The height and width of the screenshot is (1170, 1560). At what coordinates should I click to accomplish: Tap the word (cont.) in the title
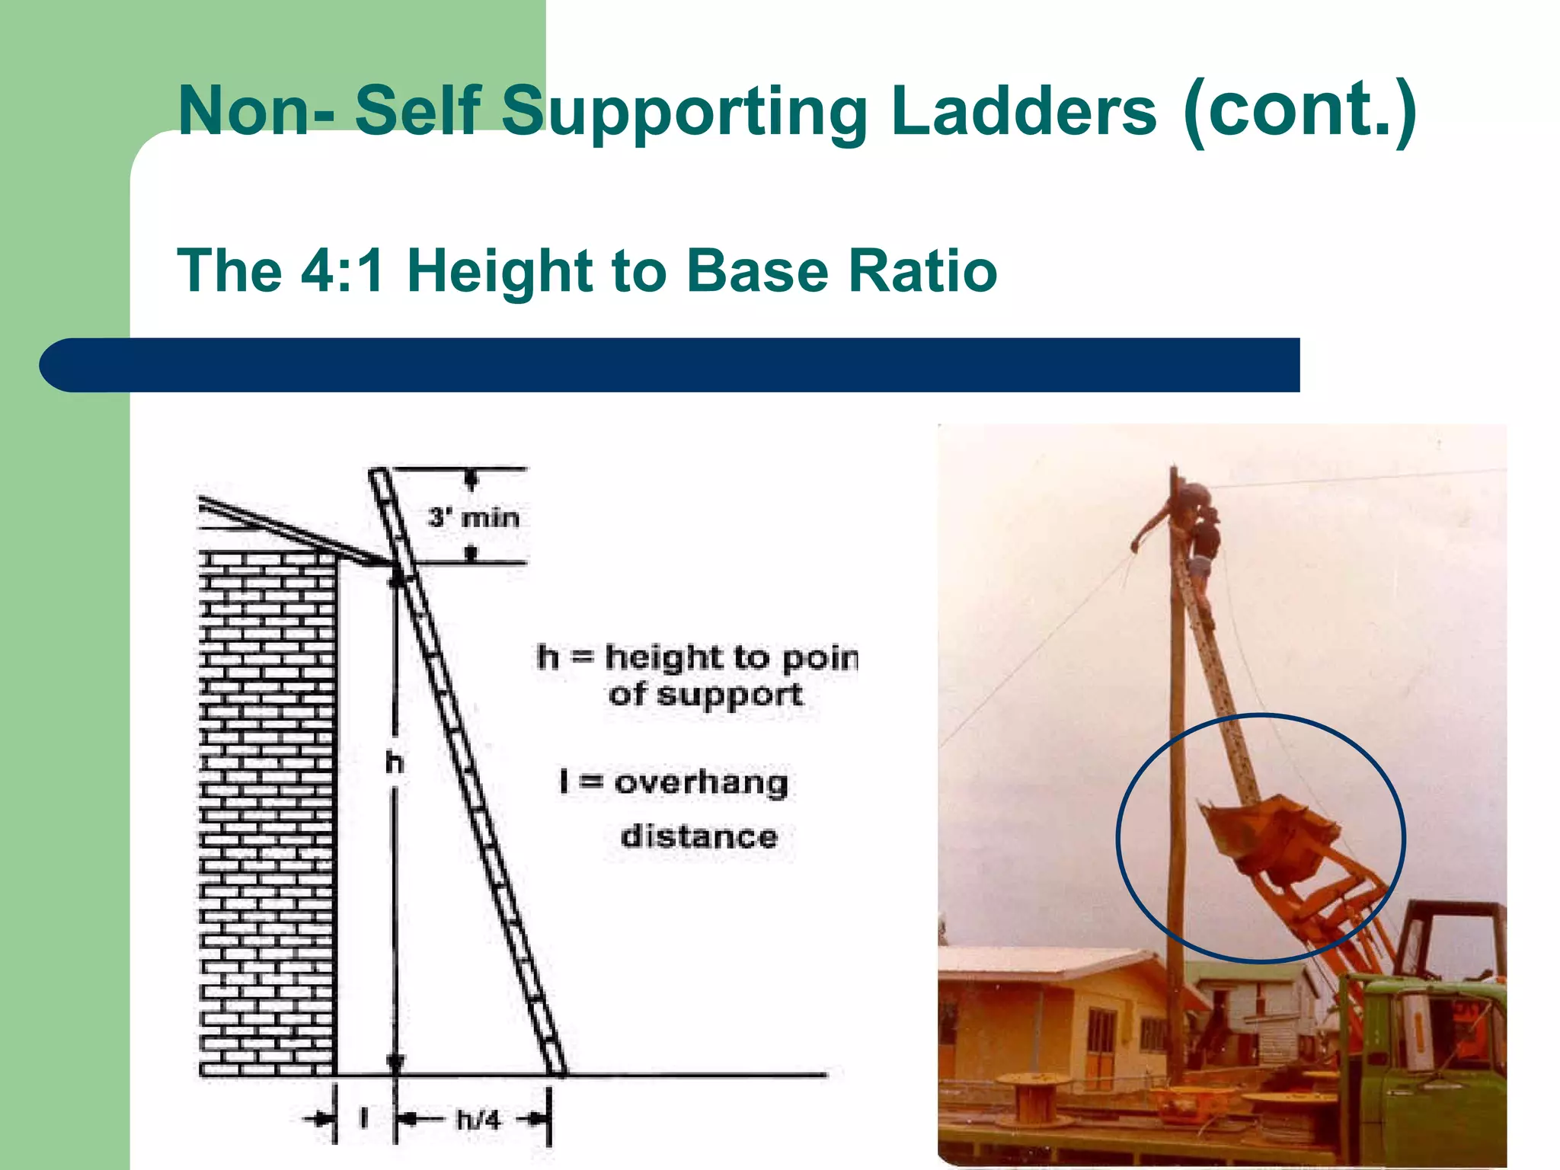point(1299,110)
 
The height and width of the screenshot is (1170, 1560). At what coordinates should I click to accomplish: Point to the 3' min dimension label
point(473,518)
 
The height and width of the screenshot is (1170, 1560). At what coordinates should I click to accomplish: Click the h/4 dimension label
point(478,1120)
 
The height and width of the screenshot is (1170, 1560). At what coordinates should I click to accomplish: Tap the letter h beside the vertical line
point(394,762)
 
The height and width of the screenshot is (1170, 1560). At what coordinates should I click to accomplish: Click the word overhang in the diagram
point(701,783)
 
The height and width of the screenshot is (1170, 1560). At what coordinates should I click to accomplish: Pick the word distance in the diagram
point(699,836)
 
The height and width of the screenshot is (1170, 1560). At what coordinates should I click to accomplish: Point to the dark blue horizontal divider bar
point(670,366)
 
